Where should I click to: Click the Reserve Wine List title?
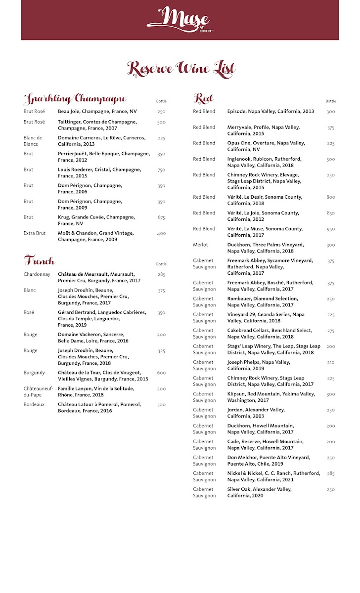click(181, 68)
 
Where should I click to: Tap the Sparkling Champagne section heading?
click(75, 99)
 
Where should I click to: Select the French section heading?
click(39, 260)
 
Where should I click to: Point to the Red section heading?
click(203, 99)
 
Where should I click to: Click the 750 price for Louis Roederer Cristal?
click(161, 170)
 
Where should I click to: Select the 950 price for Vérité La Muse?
click(330, 229)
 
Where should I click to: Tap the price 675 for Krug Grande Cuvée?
click(161, 217)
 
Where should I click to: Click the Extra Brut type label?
click(35, 233)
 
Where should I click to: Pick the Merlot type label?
click(200, 245)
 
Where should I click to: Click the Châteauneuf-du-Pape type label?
click(38, 392)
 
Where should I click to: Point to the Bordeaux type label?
click(34, 405)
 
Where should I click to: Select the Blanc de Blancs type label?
click(33, 141)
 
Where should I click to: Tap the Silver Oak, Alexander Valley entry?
click(259, 492)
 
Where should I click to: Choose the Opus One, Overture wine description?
click(266, 146)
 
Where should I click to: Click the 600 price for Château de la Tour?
click(161, 373)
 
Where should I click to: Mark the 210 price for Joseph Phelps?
click(330, 363)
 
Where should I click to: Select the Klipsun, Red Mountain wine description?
click(270, 397)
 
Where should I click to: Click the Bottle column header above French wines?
click(161, 264)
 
